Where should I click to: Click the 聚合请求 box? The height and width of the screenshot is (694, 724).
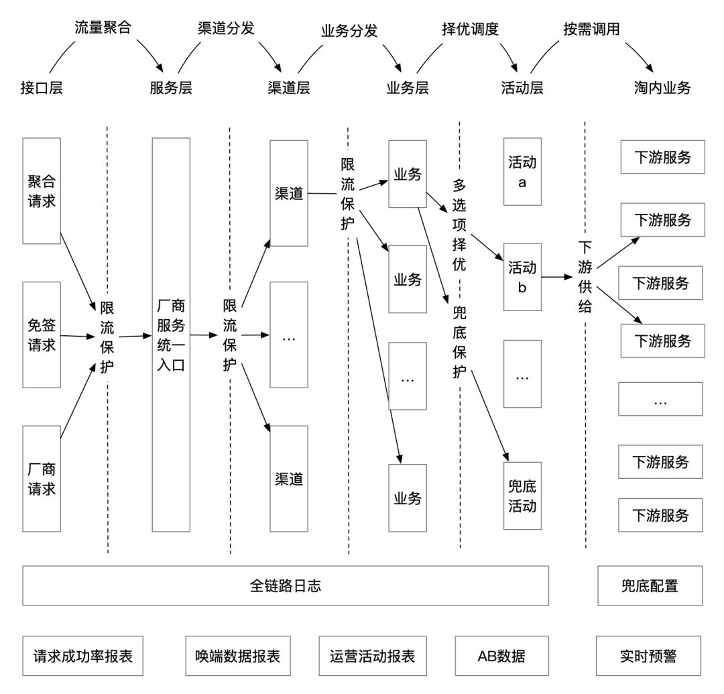point(42,191)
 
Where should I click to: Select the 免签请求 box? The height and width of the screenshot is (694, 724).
point(42,335)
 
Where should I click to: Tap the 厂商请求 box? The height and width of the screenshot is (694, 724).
point(42,478)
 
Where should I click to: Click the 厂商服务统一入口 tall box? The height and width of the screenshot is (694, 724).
point(171,335)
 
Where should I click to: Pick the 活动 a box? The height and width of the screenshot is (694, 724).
point(522,172)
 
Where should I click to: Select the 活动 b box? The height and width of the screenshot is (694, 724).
point(522,276)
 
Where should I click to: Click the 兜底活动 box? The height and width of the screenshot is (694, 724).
point(522,496)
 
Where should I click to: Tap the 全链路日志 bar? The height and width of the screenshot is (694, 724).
point(286,585)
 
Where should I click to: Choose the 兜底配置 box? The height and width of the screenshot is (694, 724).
point(650,585)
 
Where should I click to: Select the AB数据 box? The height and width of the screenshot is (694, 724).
point(501,655)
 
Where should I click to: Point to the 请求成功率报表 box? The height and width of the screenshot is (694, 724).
point(83,655)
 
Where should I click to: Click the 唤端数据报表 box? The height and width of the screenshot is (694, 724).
point(238,655)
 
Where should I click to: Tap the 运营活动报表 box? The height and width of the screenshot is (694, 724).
point(373,655)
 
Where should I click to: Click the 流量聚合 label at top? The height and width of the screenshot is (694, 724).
point(102,29)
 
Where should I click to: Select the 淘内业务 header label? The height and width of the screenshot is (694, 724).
point(662,88)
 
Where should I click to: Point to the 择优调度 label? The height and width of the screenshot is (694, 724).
point(471,30)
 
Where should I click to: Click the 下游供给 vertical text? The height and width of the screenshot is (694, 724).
point(585,277)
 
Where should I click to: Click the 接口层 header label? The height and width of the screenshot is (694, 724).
point(42,88)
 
